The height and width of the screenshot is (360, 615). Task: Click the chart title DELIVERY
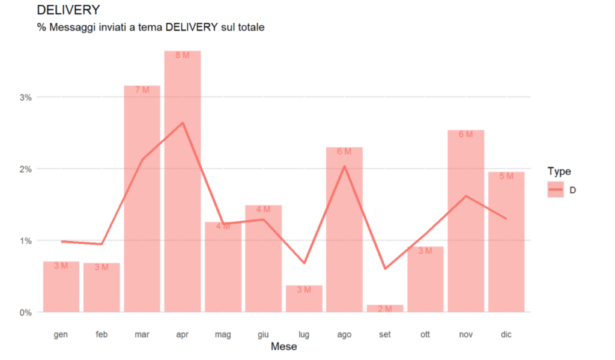[68, 10]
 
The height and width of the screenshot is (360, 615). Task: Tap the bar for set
[385, 308]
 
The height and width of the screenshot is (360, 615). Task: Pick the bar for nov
[465, 228]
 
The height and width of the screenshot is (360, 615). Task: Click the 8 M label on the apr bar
[183, 55]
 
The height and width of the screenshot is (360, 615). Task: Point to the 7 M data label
[142, 90]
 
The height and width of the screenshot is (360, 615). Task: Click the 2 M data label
[385, 309]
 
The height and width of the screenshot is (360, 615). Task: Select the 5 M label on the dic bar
[506, 176]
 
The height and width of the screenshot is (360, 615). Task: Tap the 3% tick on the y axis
[26, 97]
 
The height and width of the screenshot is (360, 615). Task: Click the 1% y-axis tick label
[26, 240]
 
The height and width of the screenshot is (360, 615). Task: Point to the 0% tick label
[26, 312]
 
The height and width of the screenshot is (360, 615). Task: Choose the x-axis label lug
[304, 334]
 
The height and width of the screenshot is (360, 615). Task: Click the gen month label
[61, 334]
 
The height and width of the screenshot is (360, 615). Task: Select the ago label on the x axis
[344, 334]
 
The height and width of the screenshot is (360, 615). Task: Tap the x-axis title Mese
[283, 347]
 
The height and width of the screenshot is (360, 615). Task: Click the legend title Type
[559, 171]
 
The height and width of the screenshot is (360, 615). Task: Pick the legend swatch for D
[556, 190]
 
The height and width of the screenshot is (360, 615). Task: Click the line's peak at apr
[183, 123]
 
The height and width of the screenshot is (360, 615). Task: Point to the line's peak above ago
[344, 166]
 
